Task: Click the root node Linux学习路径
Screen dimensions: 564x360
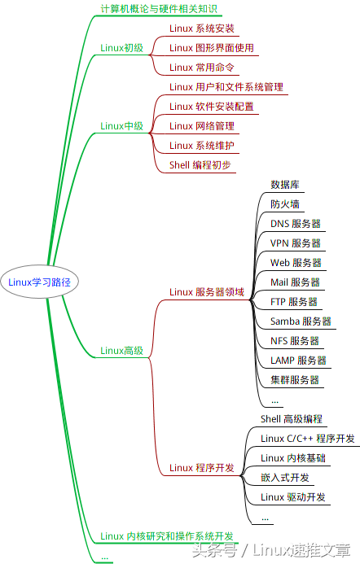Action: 39,282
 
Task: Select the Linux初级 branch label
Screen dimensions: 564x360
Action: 121,48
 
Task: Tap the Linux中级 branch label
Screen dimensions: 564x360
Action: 121,126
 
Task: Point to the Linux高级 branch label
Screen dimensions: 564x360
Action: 121,351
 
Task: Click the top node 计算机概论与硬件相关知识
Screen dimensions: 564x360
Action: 158,9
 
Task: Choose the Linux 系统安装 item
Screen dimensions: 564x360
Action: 201,28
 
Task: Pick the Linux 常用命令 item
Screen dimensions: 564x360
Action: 201,68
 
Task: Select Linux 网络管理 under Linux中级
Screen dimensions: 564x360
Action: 201,126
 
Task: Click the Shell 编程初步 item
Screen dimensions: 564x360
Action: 200,165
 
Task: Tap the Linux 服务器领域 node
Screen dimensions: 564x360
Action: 206,292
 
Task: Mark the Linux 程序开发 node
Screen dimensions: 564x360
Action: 201,468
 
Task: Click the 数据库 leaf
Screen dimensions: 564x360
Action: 285,185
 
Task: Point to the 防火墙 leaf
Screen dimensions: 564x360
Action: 285,204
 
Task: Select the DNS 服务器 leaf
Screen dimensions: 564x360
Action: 295,224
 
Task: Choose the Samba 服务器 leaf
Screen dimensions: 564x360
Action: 301,321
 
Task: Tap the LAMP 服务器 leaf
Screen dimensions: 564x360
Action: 298,361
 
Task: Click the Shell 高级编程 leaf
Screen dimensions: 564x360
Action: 292,419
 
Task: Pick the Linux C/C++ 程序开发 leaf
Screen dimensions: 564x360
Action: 307,439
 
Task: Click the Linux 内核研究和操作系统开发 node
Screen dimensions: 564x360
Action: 166,536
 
